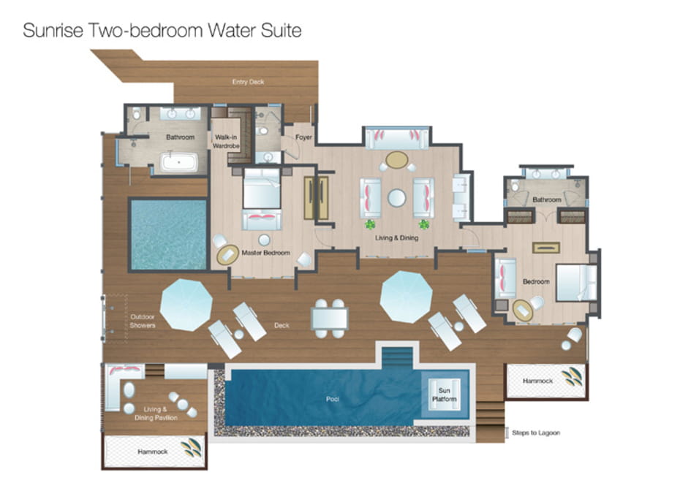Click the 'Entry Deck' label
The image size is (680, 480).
click(x=248, y=82)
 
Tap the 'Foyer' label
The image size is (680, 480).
click(x=303, y=137)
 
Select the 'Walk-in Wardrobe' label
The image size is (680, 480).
click(x=226, y=142)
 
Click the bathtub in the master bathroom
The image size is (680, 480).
click(x=179, y=162)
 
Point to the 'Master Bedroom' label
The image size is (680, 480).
click(x=266, y=253)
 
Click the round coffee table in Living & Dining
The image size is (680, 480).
click(x=397, y=198)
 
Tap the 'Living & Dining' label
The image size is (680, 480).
click(x=396, y=238)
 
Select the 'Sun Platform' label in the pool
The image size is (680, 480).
click(x=445, y=395)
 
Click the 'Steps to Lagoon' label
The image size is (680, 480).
click(x=536, y=433)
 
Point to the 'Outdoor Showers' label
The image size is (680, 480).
click(x=143, y=321)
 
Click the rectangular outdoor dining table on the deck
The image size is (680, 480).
click(x=330, y=319)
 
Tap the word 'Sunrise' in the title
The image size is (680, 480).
click(x=53, y=31)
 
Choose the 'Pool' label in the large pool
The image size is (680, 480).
click(x=333, y=399)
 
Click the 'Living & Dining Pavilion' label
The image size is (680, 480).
click(x=156, y=414)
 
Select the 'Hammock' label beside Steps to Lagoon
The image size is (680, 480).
click(x=537, y=381)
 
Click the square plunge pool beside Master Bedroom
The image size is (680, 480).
click(x=168, y=235)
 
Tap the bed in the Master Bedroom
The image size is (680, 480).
click(x=262, y=189)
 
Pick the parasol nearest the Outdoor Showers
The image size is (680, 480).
click(x=186, y=305)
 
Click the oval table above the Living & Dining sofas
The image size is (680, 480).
click(x=397, y=160)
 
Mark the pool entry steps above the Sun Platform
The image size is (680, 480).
click(x=397, y=357)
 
